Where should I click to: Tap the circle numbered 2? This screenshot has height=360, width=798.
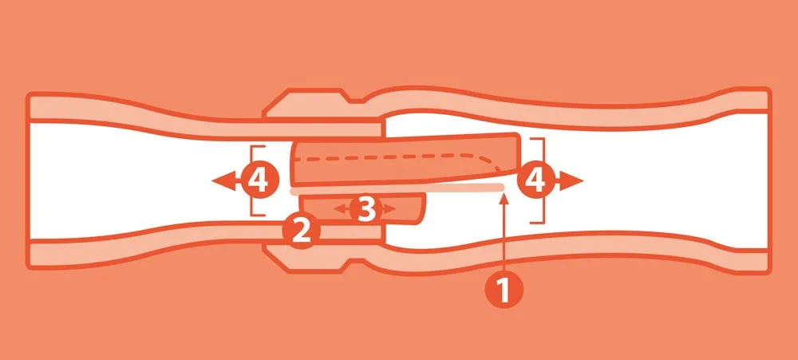pos(302,231)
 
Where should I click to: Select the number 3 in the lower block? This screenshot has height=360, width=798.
pos(365,208)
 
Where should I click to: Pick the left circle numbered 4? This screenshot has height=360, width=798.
pos(261,180)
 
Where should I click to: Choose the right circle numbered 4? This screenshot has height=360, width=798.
pos(535,180)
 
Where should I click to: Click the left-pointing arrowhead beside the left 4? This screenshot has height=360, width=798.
pos(223,180)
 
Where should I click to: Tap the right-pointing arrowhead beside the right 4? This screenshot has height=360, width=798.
pos(571,180)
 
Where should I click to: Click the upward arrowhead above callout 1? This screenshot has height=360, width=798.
pos(504,199)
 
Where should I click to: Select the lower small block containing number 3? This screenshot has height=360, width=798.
pos(364,209)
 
